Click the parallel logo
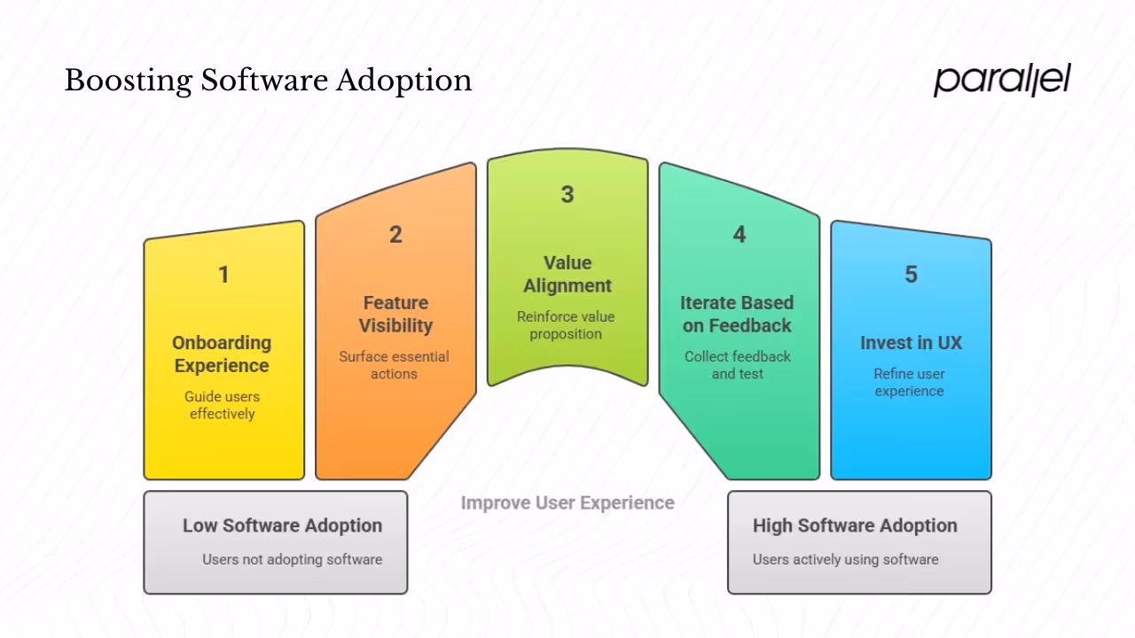point(1002,80)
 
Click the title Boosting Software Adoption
point(268,81)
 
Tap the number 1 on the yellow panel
point(223,275)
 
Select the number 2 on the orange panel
point(395,235)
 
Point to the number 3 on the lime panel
point(567,195)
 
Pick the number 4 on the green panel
point(739,235)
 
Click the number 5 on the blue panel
point(911,275)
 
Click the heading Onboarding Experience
point(222,354)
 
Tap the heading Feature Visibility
point(395,315)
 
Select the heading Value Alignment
point(567,275)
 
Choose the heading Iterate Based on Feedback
point(737,315)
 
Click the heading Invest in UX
point(911,343)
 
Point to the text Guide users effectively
point(222,405)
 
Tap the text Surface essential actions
point(394,365)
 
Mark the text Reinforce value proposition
point(566,325)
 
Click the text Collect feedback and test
point(737,365)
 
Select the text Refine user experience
point(909,382)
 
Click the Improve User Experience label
point(567,503)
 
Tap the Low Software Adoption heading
point(282,525)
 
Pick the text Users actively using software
point(845,559)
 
